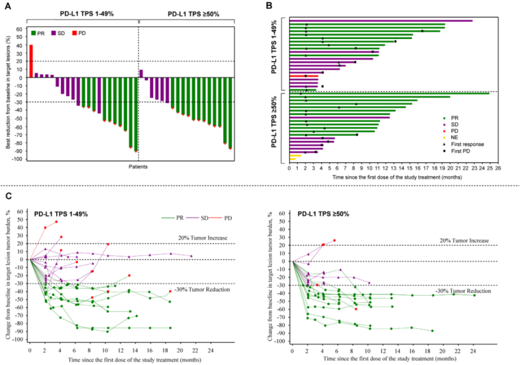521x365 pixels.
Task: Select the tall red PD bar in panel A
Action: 31,61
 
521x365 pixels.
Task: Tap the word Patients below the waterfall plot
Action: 138,167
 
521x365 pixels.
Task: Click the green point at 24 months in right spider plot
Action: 474,295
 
